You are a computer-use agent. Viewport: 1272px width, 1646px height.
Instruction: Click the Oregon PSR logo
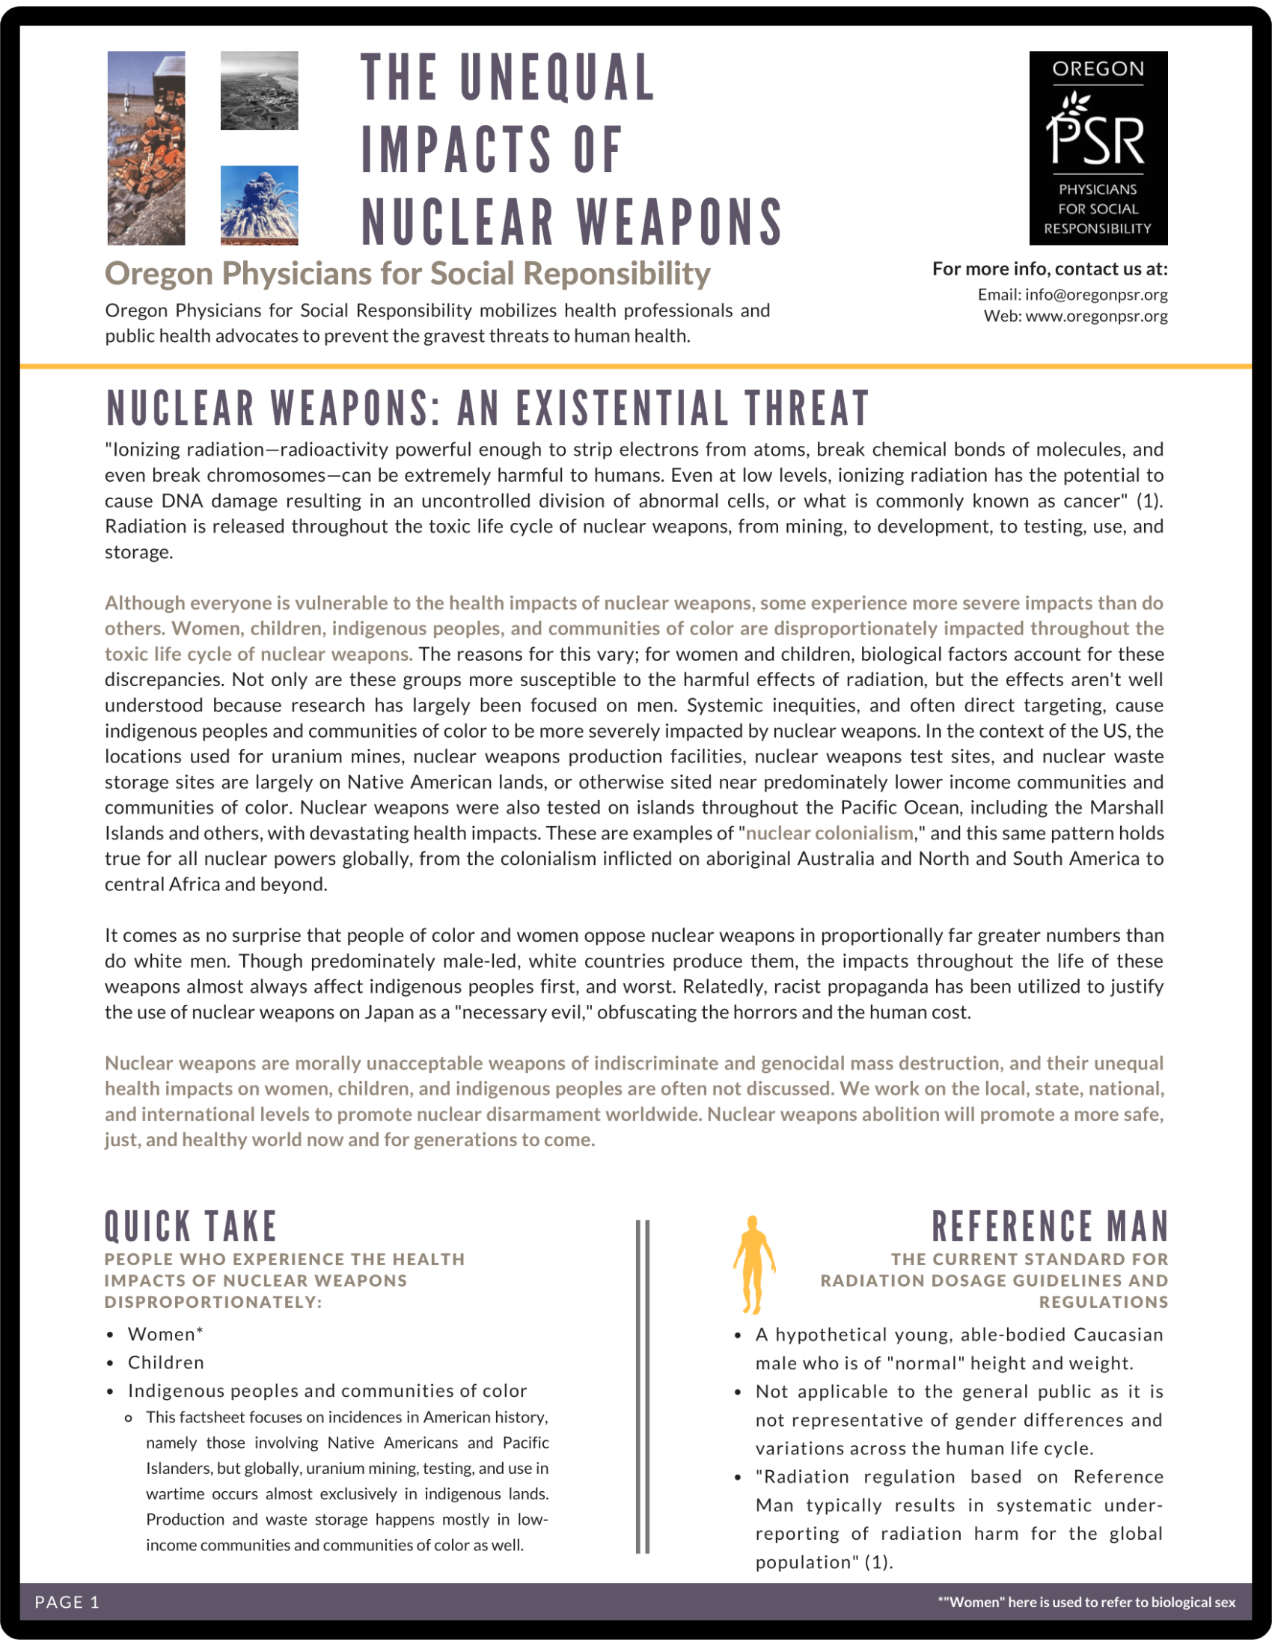tap(1098, 147)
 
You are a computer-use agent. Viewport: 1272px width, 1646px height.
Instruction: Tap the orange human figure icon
tap(753, 1265)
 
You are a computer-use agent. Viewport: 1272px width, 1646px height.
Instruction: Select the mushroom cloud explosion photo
tap(259, 205)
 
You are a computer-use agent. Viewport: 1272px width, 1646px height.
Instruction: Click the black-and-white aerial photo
tap(259, 91)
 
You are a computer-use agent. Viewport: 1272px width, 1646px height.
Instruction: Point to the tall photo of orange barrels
tap(146, 147)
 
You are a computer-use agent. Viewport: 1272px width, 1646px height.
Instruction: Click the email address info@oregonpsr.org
tap(1095, 295)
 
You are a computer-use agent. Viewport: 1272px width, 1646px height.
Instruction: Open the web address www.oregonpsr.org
tap(1095, 316)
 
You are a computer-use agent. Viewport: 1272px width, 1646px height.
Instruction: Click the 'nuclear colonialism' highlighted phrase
tap(829, 833)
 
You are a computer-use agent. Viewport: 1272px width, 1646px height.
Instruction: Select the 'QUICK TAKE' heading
tap(192, 1226)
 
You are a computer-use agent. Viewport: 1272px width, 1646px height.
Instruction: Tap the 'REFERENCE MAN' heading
tap(1050, 1226)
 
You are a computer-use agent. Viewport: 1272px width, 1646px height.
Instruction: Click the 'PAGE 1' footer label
tap(67, 1603)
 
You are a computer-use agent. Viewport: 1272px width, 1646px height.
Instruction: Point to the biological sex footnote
tap(1086, 1603)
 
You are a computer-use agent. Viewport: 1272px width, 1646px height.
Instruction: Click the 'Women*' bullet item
tap(166, 1335)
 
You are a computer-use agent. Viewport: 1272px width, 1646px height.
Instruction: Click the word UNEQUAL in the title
tap(557, 79)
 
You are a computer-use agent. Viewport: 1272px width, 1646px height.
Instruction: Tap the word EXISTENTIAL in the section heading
tap(623, 409)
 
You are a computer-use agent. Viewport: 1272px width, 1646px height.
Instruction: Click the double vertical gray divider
tap(642, 1386)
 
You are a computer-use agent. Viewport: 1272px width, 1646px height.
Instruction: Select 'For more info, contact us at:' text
tap(1050, 269)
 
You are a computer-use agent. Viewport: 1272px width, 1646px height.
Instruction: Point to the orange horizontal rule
tap(636, 367)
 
